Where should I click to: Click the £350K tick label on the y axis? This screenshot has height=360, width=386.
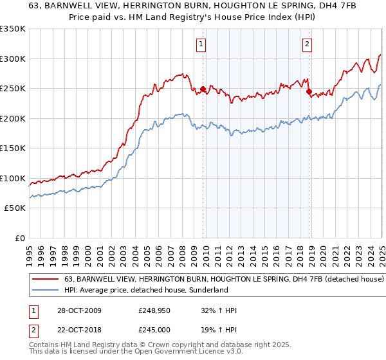(13, 29)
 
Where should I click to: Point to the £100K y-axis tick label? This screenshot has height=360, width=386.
(13, 178)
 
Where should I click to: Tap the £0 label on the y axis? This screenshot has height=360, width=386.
(19, 238)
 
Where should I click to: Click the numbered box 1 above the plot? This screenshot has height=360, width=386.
(202, 44)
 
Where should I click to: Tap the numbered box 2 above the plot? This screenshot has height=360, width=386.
(307, 44)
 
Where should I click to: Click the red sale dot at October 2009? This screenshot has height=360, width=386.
(203, 89)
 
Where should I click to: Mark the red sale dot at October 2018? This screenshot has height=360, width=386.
(309, 92)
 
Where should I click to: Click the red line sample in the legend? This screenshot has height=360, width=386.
(46, 280)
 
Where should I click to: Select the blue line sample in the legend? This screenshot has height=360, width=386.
(46, 291)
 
